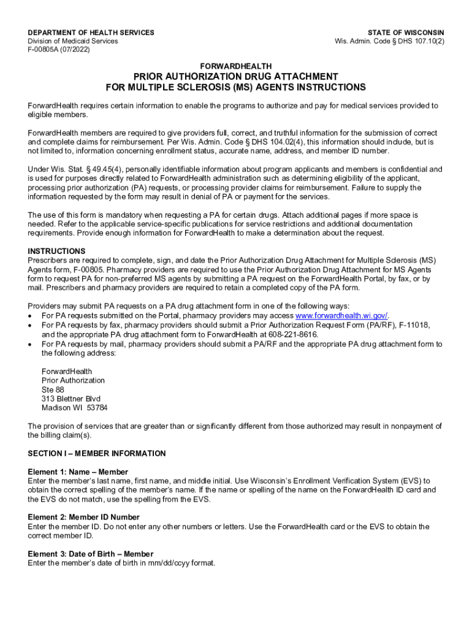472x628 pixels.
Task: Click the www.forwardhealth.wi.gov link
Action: (341, 315)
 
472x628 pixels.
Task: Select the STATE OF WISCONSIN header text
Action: (406, 33)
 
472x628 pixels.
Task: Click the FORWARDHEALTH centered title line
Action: (236, 66)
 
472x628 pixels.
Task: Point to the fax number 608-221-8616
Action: (297, 335)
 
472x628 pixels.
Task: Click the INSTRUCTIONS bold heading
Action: (56, 251)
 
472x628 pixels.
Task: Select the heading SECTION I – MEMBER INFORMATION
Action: (97, 454)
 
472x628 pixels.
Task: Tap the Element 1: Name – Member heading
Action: (78, 472)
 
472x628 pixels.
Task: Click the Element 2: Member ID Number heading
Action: (83, 518)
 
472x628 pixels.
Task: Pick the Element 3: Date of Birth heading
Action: (91, 554)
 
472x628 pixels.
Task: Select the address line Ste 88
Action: (53, 389)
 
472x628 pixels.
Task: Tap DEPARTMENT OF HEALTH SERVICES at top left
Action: (91, 33)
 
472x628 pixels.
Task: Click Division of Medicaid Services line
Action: (73, 41)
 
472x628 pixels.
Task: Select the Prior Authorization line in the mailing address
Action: (73, 380)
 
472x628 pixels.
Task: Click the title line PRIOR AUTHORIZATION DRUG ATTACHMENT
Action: (236, 76)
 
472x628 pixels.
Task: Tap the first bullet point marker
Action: (31, 316)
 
